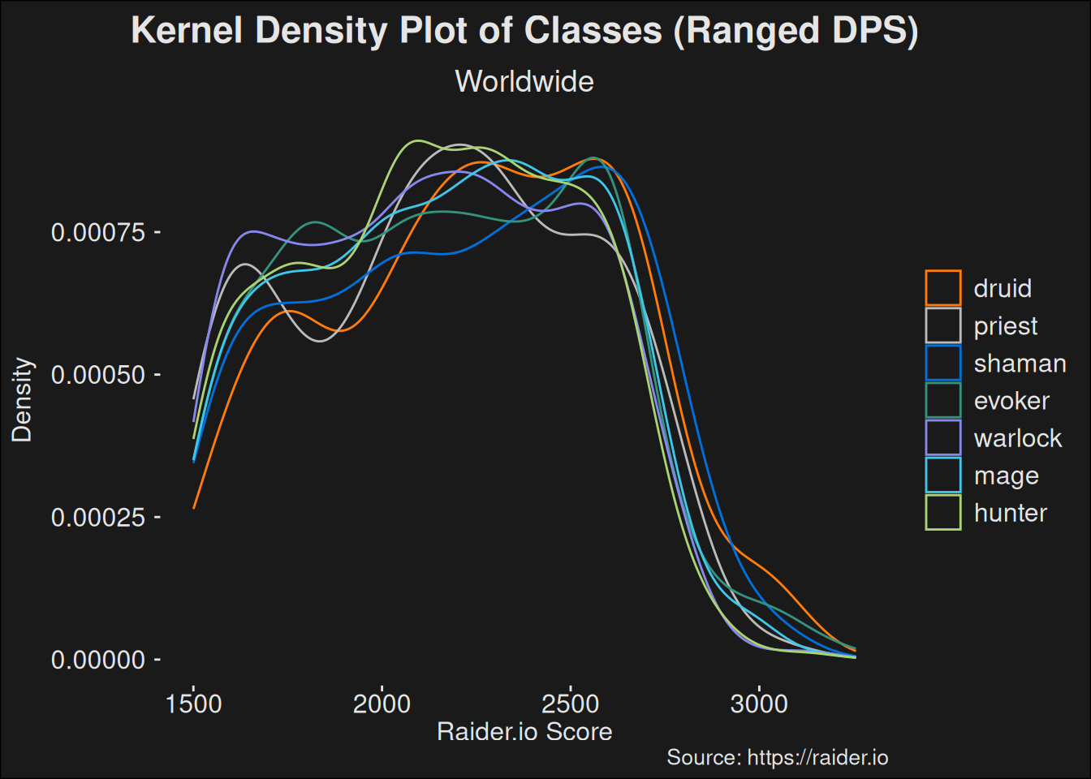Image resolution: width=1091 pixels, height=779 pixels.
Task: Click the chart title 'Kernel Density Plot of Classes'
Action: (x=524, y=31)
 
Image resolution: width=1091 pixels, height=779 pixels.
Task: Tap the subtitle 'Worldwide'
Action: (x=524, y=82)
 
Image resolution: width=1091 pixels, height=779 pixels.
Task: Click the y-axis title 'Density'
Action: (x=22, y=400)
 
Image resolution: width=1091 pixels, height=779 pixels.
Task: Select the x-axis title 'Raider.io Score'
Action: (x=524, y=732)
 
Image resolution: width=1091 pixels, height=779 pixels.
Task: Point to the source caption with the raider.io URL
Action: (x=777, y=758)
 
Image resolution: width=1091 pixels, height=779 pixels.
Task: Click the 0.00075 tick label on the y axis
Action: (x=98, y=233)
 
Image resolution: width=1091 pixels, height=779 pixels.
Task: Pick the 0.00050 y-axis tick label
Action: (x=98, y=375)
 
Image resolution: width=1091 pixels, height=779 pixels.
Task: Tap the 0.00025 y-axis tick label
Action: (x=98, y=518)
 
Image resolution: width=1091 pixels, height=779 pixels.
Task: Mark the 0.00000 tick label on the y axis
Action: (x=98, y=661)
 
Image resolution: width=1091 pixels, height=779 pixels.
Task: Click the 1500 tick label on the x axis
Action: (x=193, y=704)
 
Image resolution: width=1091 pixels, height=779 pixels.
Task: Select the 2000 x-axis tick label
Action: (x=382, y=704)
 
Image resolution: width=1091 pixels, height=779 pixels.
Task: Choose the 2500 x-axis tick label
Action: (x=571, y=704)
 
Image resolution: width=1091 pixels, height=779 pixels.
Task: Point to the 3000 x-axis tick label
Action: (x=759, y=704)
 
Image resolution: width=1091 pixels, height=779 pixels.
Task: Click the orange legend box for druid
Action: (x=943, y=288)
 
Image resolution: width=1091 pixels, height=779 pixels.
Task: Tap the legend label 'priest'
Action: (x=1006, y=326)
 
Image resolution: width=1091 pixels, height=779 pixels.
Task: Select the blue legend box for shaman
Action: (x=943, y=364)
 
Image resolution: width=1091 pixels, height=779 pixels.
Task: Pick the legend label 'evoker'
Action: (x=1011, y=401)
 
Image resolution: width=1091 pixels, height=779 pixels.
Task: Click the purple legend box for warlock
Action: (x=943, y=438)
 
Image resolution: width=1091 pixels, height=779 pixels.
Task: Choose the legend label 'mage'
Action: (x=1007, y=476)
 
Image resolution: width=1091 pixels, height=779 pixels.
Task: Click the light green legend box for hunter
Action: (x=943, y=513)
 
